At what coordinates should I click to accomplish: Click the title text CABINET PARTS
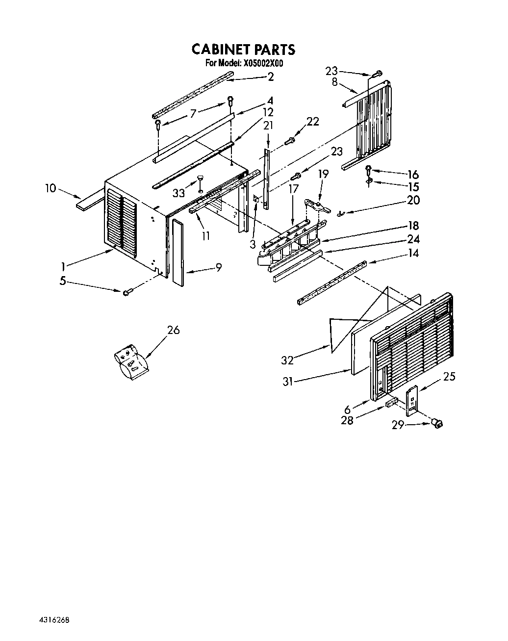(243, 49)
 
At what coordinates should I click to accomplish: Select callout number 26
(173, 330)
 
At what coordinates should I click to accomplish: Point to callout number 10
(51, 188)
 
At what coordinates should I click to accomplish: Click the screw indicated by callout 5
(127, 292)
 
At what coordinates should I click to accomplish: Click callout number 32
(287, 360)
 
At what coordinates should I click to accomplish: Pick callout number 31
(287, 381)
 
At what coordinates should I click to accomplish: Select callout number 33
(179, 193)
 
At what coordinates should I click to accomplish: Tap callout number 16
(413, 175)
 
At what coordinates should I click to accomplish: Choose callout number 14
(413, 253)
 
